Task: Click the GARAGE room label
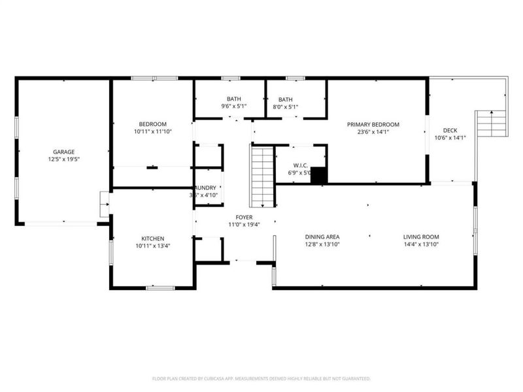click(x=63, y=152)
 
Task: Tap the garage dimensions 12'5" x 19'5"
click(x=63, y=159)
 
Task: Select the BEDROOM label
click(x=152, y=124)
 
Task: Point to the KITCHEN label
click(x=152, y=238)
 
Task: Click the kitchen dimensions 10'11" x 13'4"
click(x=152, y=246)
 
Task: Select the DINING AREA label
click(x=322, y=237)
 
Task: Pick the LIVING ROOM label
click(x=420, y=237)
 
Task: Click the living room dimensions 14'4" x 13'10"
click(x=420, y=244)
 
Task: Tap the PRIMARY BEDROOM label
click(x=373, y=124)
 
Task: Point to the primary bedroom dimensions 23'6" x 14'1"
click(x=373, y=131)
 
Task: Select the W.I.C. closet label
click(x=300, y=166)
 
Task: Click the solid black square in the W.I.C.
click(x=318, y=176)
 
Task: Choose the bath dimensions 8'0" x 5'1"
click(x=285, y=107)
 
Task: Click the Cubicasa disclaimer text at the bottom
click(x=261, y=378)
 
